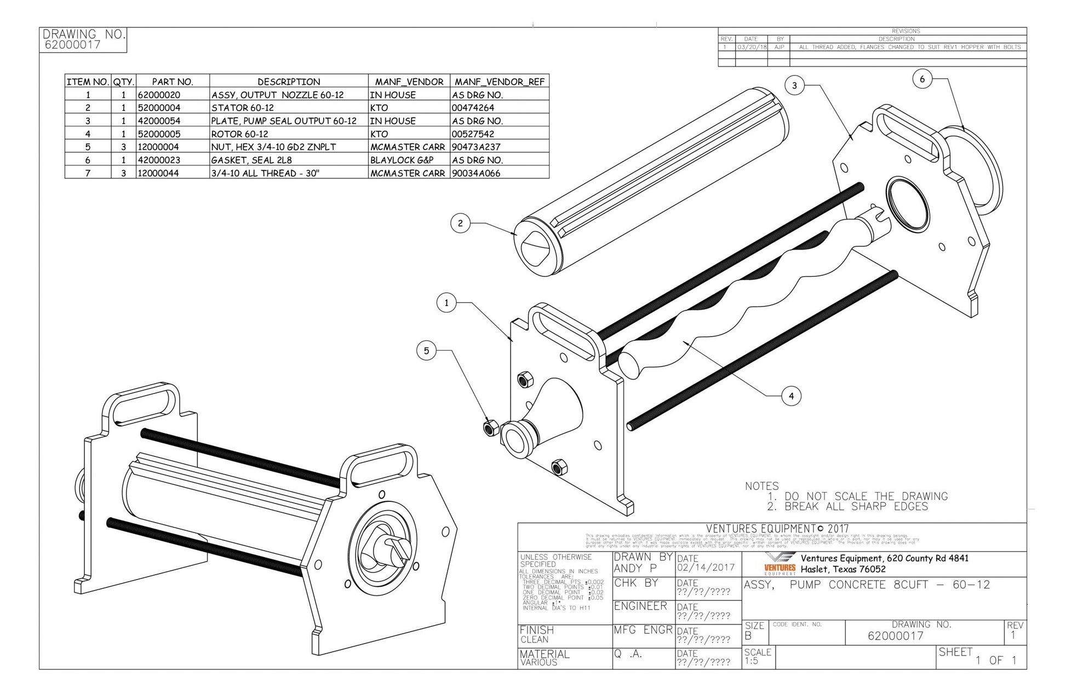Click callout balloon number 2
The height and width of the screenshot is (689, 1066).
pyautogui.click(x=460, y=223)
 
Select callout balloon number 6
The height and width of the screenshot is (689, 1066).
pyautogui.click(x=922, y=79)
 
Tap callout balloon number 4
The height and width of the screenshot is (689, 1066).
pyautogui.click(x=790, y=396)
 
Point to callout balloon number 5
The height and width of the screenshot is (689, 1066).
pyautogui.click(x=426, y=351)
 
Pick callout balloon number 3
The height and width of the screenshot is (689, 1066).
pyautogui.click(x=794, y=85)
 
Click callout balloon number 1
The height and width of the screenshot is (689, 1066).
pyautogui.click(x=446, y=303)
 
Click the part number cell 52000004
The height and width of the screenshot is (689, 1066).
pyautogui.click(x=159, y=108)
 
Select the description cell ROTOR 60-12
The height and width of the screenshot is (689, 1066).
pyautogui.click(x=240, y=134)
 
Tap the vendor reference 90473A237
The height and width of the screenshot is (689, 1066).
pyautogui.click(x=476, y=147)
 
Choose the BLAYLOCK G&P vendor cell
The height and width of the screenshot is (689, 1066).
pyautogui.click(x=402, y=160)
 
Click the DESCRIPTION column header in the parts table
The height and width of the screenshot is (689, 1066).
pyautogui.click(x=289, y=82)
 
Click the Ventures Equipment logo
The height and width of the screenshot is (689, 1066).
pyautogui.click(x=780, y=564)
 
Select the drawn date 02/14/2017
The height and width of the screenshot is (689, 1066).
pyautogui.click(x=705, y=568)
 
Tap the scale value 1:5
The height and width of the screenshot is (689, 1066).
pyautogui.click(x=752, y=661)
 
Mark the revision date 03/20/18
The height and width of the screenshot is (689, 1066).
pyautogui.click(x=750, y=47)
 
